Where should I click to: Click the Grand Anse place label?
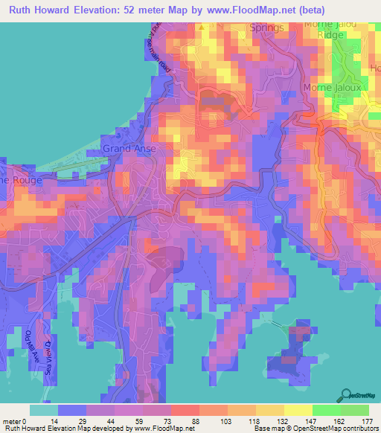coord(124,149)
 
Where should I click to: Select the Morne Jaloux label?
coord(331,88)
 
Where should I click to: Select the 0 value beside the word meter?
coord(33,420)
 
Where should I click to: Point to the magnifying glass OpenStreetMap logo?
coord(348,395)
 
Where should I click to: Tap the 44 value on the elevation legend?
coord(114,420)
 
